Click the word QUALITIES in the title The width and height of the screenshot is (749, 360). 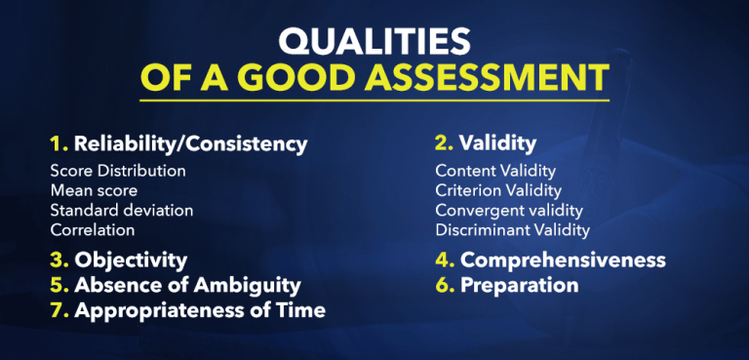tap(374, 42)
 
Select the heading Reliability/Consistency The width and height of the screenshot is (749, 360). tap(191, 144)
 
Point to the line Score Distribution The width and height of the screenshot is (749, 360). tap(118, 171)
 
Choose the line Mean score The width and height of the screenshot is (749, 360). tap(94, 190)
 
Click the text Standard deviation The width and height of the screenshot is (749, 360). tap(122, 210)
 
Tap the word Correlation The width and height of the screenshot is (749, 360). tap(93, 230)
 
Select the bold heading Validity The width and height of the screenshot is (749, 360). tap(498, 143)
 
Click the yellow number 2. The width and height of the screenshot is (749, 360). tap(444, 143)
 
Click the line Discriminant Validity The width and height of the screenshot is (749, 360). tap(513, 230)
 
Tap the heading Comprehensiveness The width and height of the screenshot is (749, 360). tap(563, 260)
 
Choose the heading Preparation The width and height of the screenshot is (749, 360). tap(519, 286)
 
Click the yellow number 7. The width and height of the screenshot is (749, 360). tap(58, 311)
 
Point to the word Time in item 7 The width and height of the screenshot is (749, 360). tap(302, 311)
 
